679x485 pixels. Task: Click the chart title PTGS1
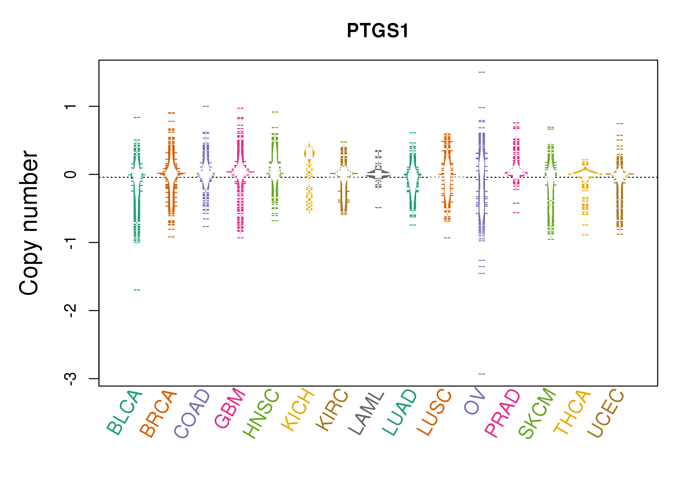378,31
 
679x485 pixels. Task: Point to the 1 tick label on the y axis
70,106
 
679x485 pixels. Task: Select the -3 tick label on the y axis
70,379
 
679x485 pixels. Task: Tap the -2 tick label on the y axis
70,311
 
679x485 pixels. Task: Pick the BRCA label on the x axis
158,414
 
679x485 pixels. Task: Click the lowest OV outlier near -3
482,374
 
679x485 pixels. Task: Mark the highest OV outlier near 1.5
482,72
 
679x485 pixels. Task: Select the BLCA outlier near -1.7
137,290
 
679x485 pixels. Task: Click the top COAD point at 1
206,106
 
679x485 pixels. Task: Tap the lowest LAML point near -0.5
378,208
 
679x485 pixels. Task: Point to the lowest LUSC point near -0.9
447,238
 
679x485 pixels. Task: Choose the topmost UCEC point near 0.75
620,124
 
